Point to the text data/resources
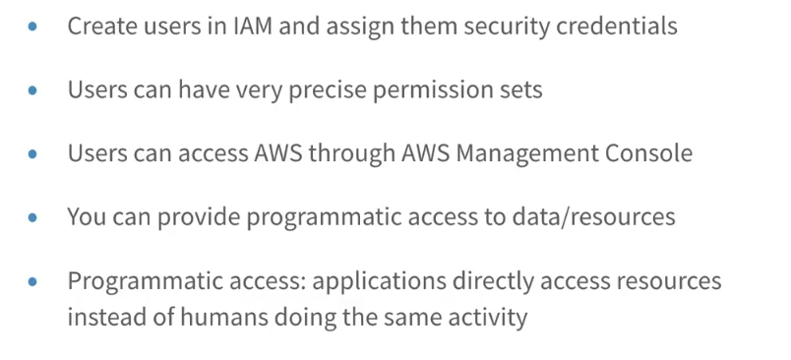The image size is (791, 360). [593, 216]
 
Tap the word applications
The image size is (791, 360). [379, 282]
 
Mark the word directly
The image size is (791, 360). [492, 282]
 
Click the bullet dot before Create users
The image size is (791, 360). [32, 27]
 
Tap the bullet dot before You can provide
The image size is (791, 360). [32, 217]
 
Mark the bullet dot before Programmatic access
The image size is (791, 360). [32, 281]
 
